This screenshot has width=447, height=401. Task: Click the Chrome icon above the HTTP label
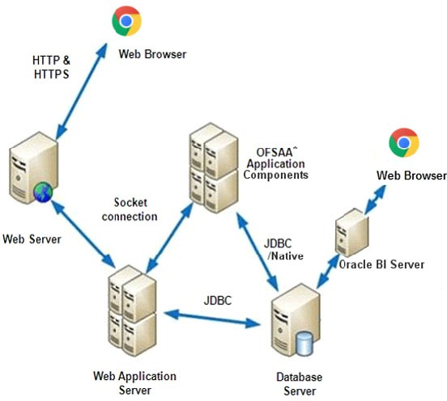click(x=126, y=21)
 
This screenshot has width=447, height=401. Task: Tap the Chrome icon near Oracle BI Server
click(x=403, y=142)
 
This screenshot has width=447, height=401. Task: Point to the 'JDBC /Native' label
click(x=281, y=249)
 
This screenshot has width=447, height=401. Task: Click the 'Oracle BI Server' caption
click(x=381, y=264)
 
